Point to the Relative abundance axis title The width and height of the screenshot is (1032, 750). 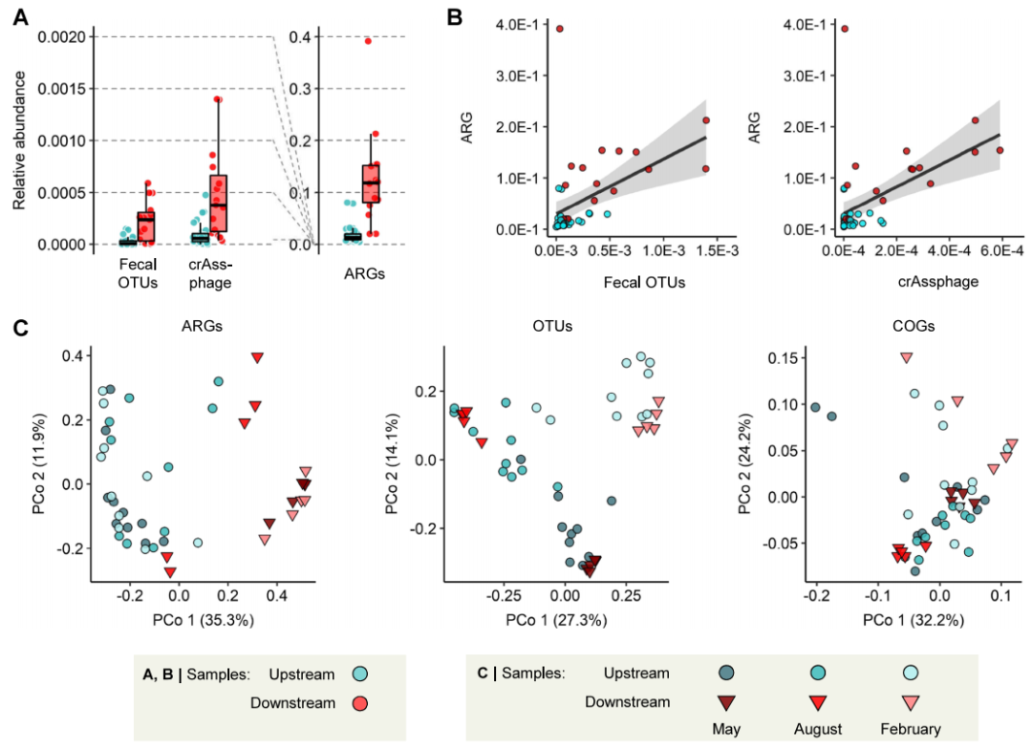19,139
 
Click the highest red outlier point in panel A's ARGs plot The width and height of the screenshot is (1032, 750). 367,41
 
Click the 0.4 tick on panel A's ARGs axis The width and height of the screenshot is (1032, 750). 301,37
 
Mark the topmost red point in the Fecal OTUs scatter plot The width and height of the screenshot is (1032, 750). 560,29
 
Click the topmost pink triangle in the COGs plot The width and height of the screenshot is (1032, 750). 906,358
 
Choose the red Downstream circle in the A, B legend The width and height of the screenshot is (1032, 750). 359,703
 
